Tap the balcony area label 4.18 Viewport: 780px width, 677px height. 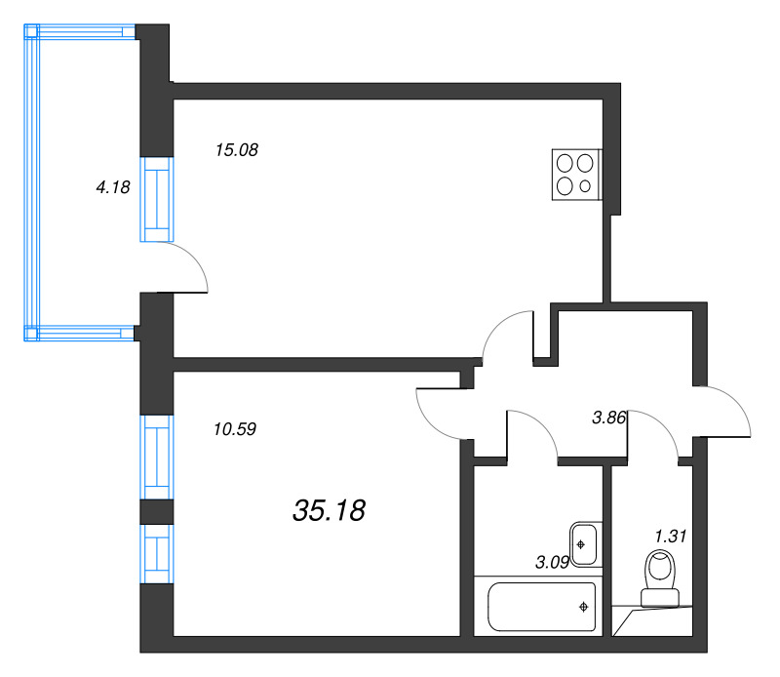113,187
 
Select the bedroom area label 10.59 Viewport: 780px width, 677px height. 234,427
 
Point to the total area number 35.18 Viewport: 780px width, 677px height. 329,509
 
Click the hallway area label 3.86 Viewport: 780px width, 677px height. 609,418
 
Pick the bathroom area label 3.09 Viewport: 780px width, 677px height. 553,561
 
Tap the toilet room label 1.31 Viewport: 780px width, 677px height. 672,535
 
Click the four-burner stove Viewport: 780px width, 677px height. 575,175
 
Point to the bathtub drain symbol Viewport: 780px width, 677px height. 583,607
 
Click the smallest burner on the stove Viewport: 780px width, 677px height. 585,186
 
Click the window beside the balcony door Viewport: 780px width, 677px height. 156,198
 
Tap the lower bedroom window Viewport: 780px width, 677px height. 156,553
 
